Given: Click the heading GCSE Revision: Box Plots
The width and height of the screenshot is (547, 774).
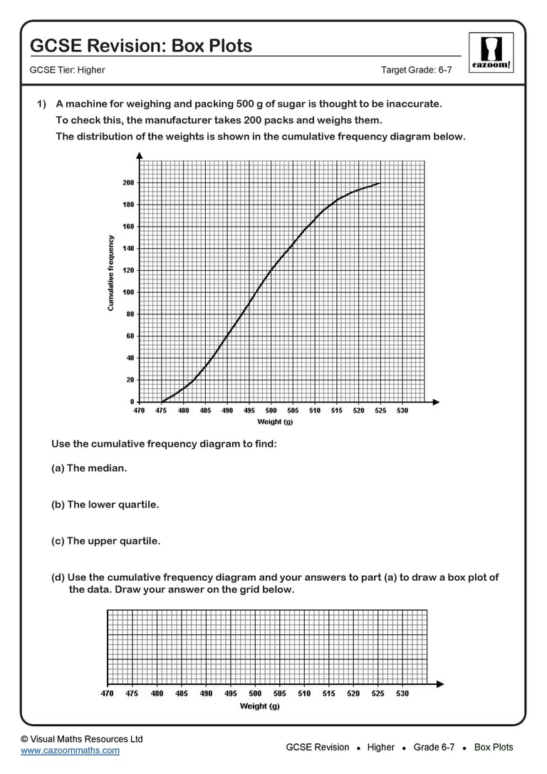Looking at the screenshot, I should coord(141,46).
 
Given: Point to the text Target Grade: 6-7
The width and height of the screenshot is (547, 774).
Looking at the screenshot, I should coord(417,70).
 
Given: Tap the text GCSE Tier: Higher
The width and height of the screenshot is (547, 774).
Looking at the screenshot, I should coord(67,70).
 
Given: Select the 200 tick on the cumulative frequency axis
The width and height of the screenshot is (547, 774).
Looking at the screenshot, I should coord(128,183).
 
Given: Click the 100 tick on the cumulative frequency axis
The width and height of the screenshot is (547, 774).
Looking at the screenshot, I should coord(128,292).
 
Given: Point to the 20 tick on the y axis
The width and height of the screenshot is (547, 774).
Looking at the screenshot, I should coord(130,380).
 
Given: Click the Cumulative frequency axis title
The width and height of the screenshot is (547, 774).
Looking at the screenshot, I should coord(111,273).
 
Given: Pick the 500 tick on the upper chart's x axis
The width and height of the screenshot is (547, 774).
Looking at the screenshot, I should coord(271,411).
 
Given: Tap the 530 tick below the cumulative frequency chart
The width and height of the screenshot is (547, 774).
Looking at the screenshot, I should coord(402,411).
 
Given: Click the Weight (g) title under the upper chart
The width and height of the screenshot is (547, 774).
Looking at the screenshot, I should coord(275,422).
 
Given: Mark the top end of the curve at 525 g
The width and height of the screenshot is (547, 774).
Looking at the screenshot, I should coord(380,183).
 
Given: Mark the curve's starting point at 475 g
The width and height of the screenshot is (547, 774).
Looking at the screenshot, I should coord(162,401).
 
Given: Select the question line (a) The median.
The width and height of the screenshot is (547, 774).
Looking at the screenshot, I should coord(89,468).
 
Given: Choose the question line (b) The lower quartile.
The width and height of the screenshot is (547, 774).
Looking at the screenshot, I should coord(105,505).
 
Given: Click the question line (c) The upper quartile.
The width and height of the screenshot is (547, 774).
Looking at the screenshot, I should coord(105,541).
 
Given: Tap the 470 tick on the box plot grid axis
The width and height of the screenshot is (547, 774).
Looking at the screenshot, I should coord(107,693).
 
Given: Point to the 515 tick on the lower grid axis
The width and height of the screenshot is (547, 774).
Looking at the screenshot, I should coord(329,693).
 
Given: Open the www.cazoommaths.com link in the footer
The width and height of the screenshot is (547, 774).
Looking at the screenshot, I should coord(70,750).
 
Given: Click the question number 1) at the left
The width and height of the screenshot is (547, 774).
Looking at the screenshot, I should coord(41,104).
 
